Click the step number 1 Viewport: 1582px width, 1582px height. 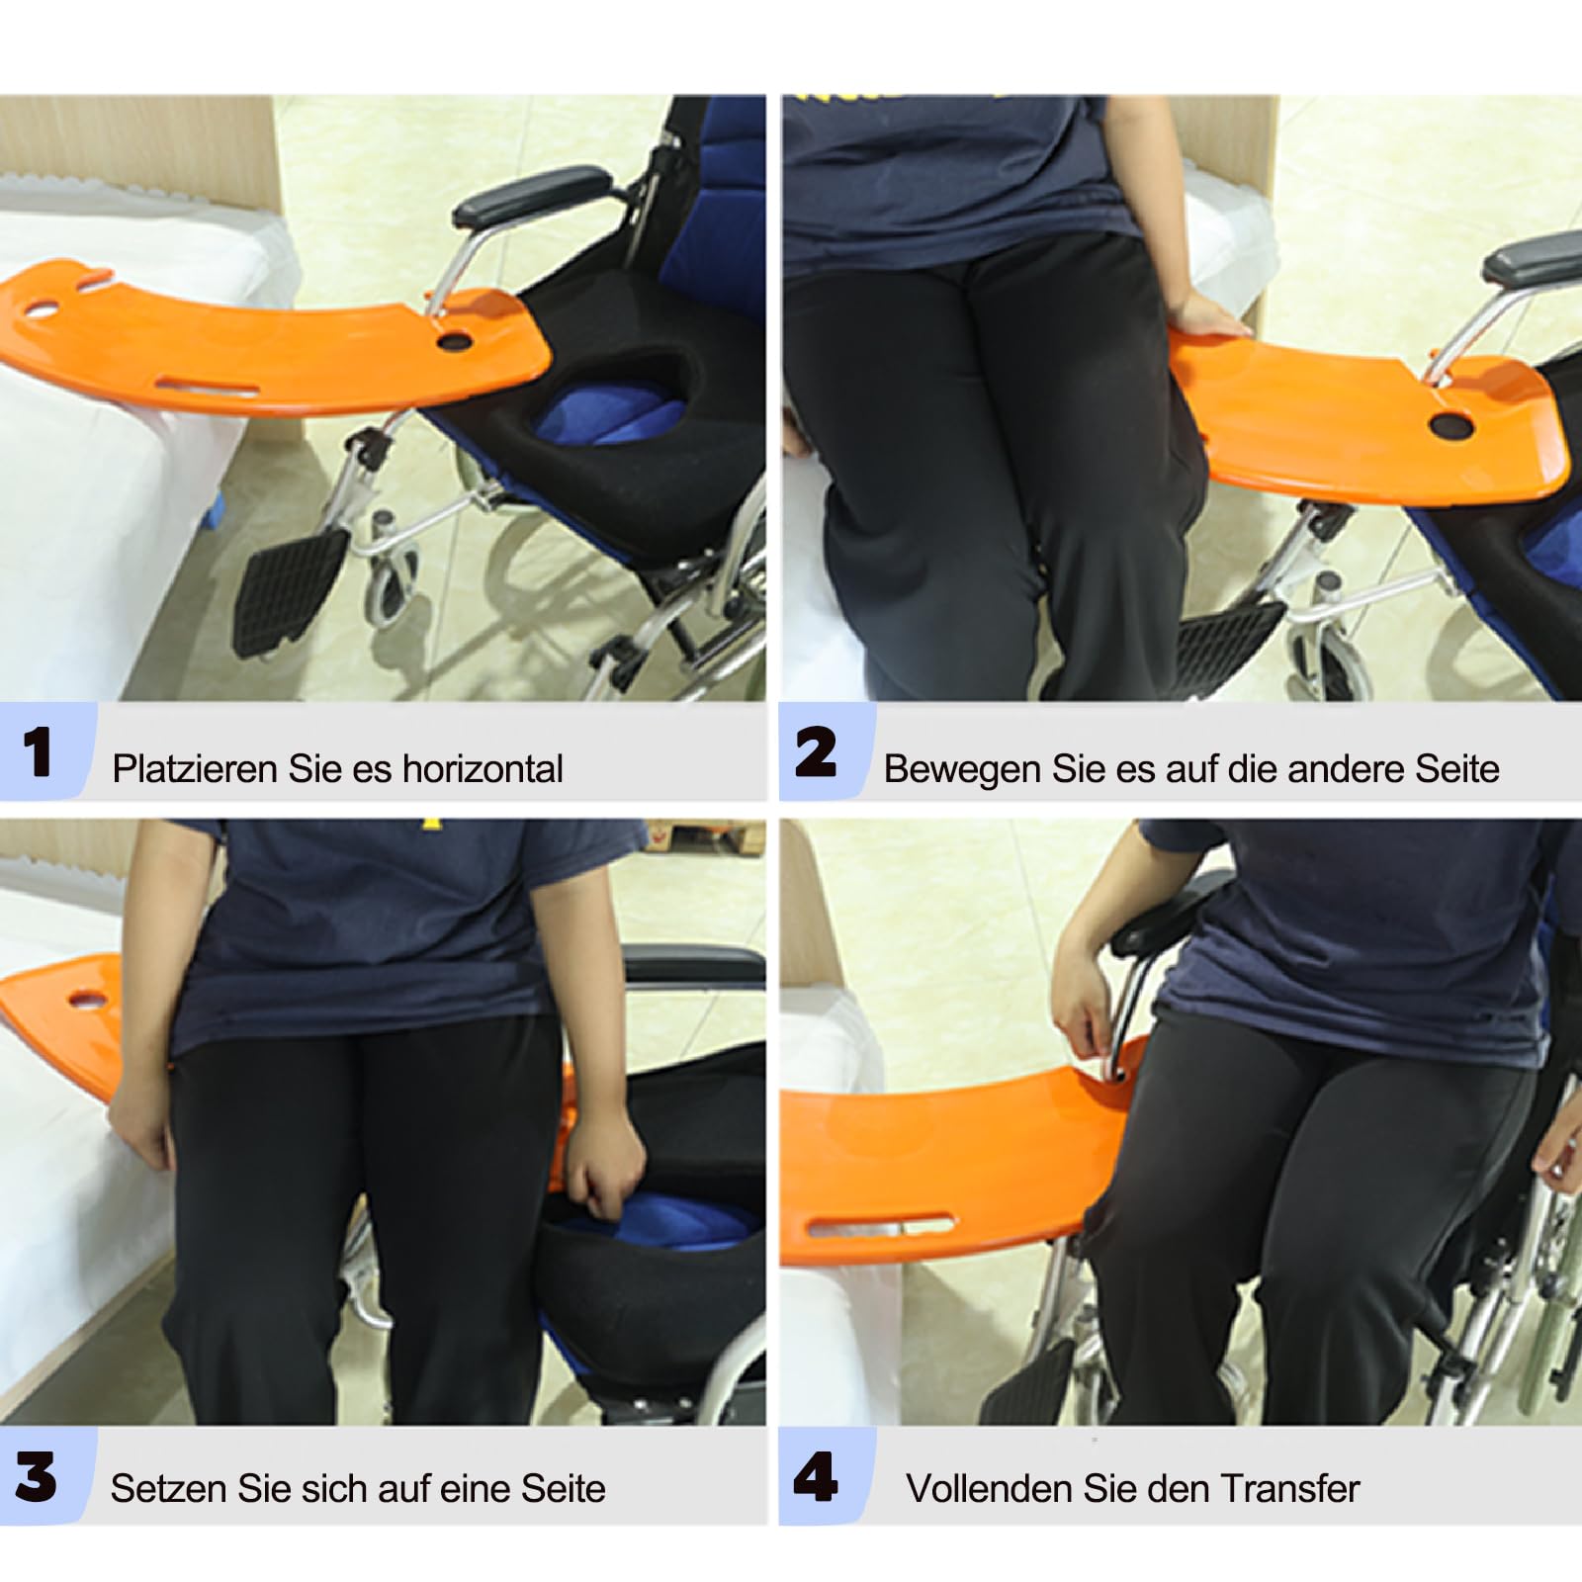tap(38, 752)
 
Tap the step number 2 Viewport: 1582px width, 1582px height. tap(816, 752)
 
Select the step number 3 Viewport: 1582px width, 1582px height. tap(36, 1477)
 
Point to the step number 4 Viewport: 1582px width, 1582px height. tap(816, 1477)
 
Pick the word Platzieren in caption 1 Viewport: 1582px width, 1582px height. tap(195, 768)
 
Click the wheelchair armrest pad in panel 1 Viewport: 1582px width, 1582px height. tap(533, 196)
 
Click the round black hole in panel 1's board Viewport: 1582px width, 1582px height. tap(455, 341)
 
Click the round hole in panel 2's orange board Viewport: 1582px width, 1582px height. tap(1450, 426)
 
